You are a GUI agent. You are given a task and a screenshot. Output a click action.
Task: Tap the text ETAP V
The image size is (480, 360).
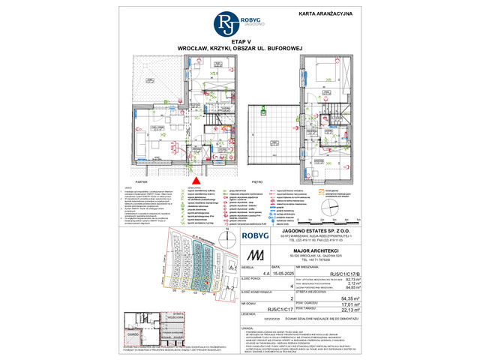click(240, 42)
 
